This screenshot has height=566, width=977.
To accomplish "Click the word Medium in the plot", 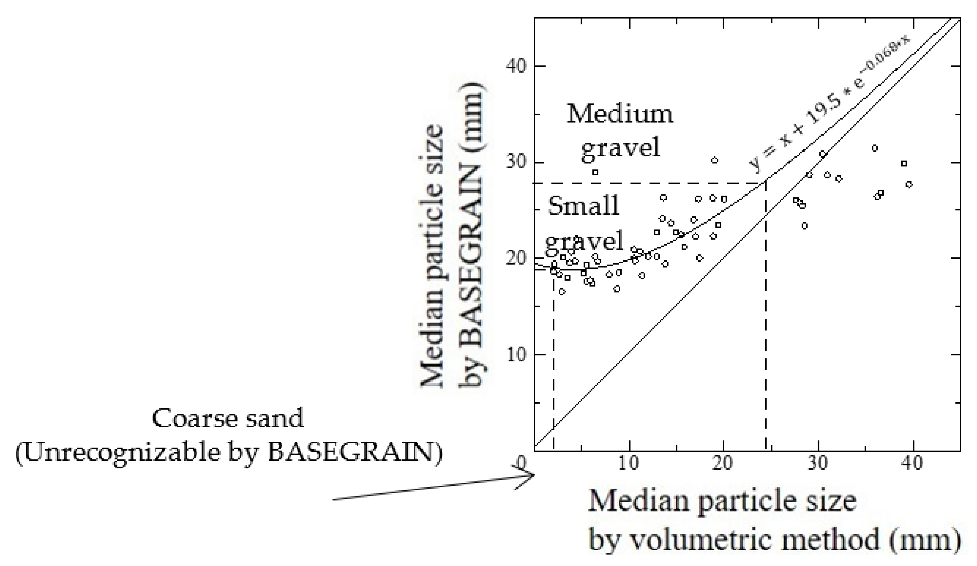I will click(x=620, y=114).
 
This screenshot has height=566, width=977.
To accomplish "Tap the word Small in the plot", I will click(x=583, y=206).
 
